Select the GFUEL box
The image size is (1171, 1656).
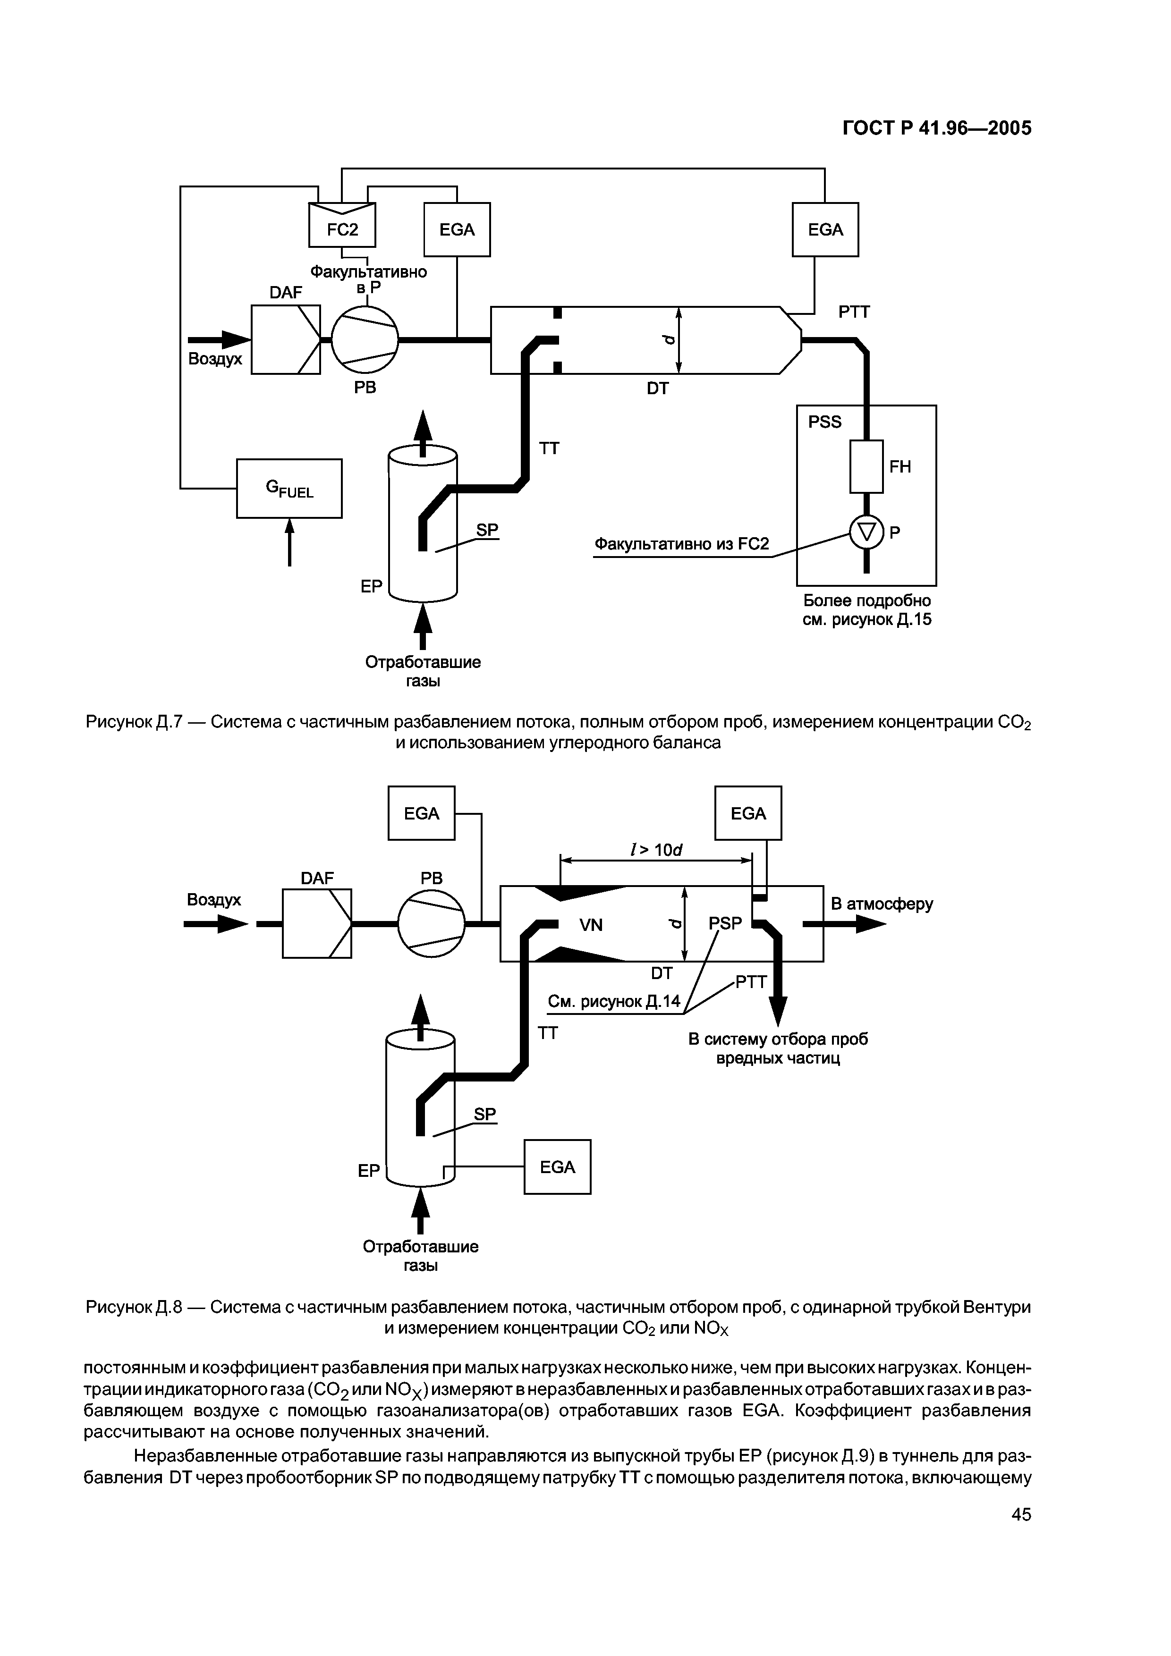point(289,488)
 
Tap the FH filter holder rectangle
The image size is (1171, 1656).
point(866,467)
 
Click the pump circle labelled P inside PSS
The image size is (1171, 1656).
point(866,533)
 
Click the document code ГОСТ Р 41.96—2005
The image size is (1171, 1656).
point(937,128)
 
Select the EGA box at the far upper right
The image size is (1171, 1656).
point(825,229)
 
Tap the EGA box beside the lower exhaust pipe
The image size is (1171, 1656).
point(557,1167)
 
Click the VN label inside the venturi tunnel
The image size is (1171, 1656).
point(591,925)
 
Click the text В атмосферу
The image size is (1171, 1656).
point(882,904)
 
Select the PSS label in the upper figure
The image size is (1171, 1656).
point(825,422)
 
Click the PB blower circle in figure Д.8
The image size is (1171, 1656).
point(432,923)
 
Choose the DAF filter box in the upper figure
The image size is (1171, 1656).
point(286,340)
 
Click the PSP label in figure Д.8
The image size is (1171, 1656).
point(724,923)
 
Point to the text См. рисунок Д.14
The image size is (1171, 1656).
point(614,1002)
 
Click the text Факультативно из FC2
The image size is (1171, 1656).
point(681,544)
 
